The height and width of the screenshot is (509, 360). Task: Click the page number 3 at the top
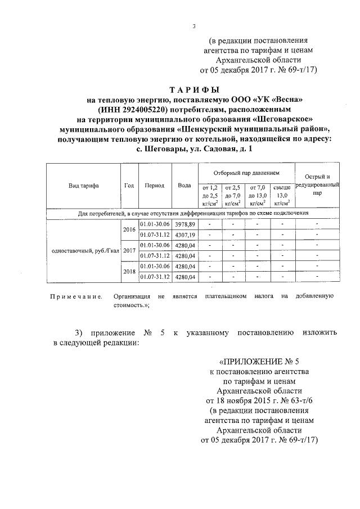(x=194, y=26)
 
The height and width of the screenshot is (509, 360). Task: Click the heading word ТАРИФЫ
(x=195, y=90)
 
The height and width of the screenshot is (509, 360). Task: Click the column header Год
(x=129, y=186)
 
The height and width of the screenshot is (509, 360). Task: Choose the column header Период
(x=154, y=186)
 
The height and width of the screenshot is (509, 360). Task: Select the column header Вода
(x=184, y=186)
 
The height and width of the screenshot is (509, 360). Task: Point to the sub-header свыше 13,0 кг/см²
(x=282, y=195)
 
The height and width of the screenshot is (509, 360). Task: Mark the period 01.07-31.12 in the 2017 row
(x=155, y=255)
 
